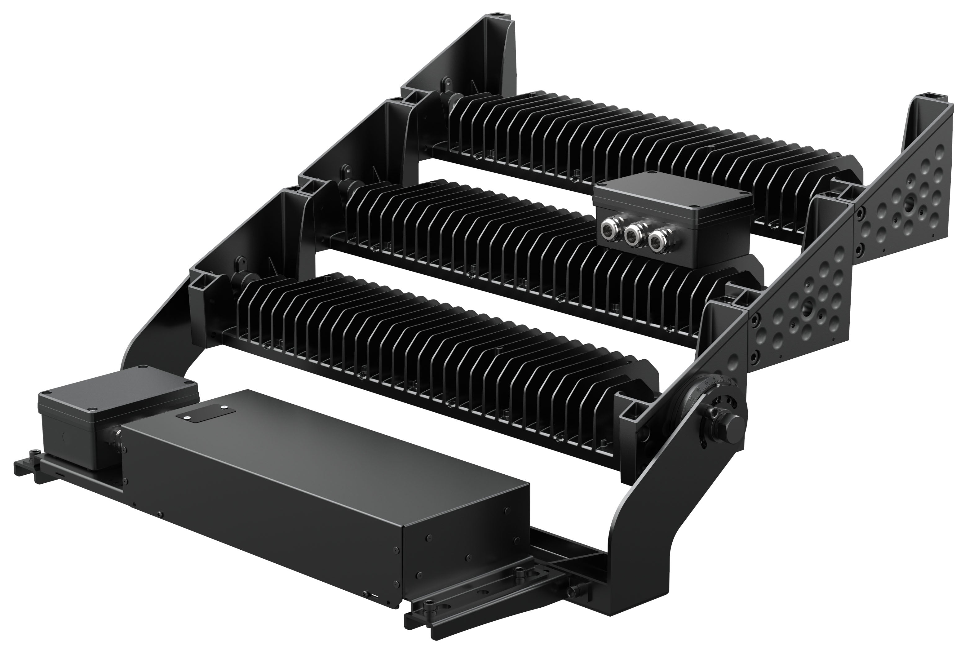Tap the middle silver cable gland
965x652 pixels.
pyautogui.click(x=632, y=235)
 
